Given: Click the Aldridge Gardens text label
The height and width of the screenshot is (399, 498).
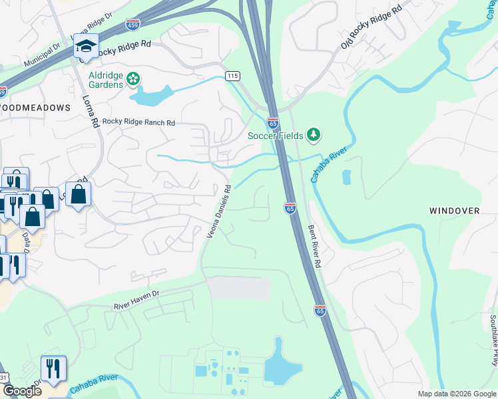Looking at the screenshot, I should click(106, 80).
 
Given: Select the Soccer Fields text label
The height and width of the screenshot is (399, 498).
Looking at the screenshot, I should click(276, 136).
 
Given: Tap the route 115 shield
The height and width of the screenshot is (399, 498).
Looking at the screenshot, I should click(232, 76).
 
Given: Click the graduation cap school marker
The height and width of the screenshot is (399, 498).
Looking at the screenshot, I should click(86, 47).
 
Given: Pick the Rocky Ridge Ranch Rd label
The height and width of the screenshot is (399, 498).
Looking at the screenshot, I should click(138, 123).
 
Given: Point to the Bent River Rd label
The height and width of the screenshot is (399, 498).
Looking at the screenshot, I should click(314, 245).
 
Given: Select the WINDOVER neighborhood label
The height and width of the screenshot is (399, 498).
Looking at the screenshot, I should click(454, 211).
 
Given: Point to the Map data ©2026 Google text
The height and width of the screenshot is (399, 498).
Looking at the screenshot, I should click(455, 394).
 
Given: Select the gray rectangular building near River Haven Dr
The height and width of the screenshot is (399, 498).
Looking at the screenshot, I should click(240, 288).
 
